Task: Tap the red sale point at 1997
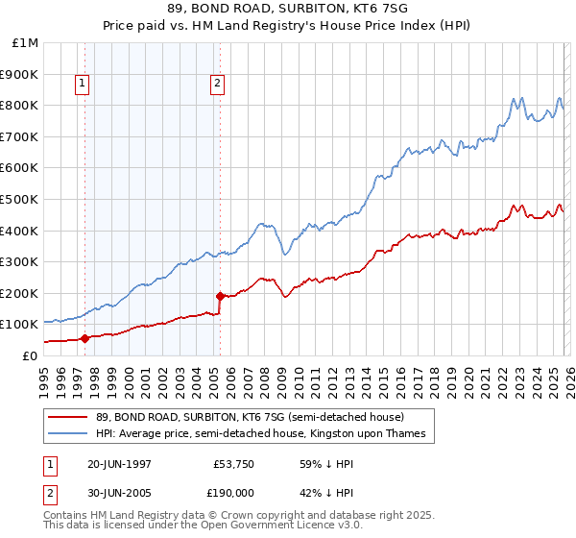point(85,338)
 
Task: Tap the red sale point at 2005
point(221,296)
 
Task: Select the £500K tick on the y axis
point(21,199)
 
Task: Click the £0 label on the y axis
point(29,355)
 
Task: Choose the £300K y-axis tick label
point(21,261)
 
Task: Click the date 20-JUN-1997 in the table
point(119,463)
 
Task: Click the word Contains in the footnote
point(66,516)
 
